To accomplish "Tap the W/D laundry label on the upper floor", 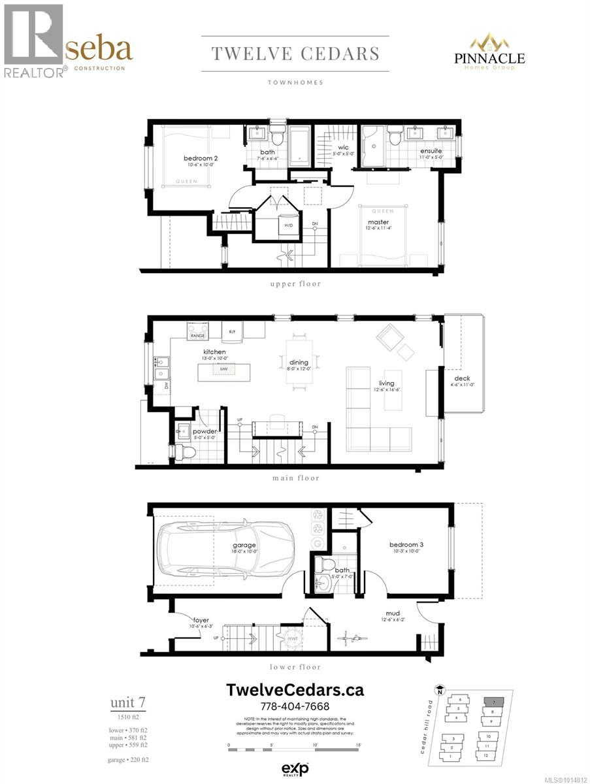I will pos(287,225).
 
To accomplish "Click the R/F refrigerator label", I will pos(232,331).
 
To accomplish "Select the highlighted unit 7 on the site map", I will pos(494,702).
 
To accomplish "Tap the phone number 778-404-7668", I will pos(295,706).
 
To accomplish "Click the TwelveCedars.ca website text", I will pos(295,690).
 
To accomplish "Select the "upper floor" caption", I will pos(295,284).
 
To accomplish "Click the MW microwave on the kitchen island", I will pos(224,369).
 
